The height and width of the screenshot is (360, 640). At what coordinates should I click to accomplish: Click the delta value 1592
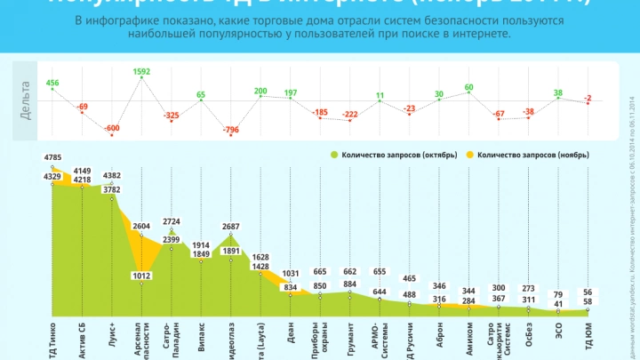pos(141,71)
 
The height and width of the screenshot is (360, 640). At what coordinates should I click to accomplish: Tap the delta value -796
pos(230,132)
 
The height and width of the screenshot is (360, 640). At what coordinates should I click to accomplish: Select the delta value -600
pos(111,128)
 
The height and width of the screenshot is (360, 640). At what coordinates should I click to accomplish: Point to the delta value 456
pos(52,84)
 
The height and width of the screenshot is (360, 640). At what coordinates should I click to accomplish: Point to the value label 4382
pos(112,175)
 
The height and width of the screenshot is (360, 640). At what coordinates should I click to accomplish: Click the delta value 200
pos(260,91)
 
